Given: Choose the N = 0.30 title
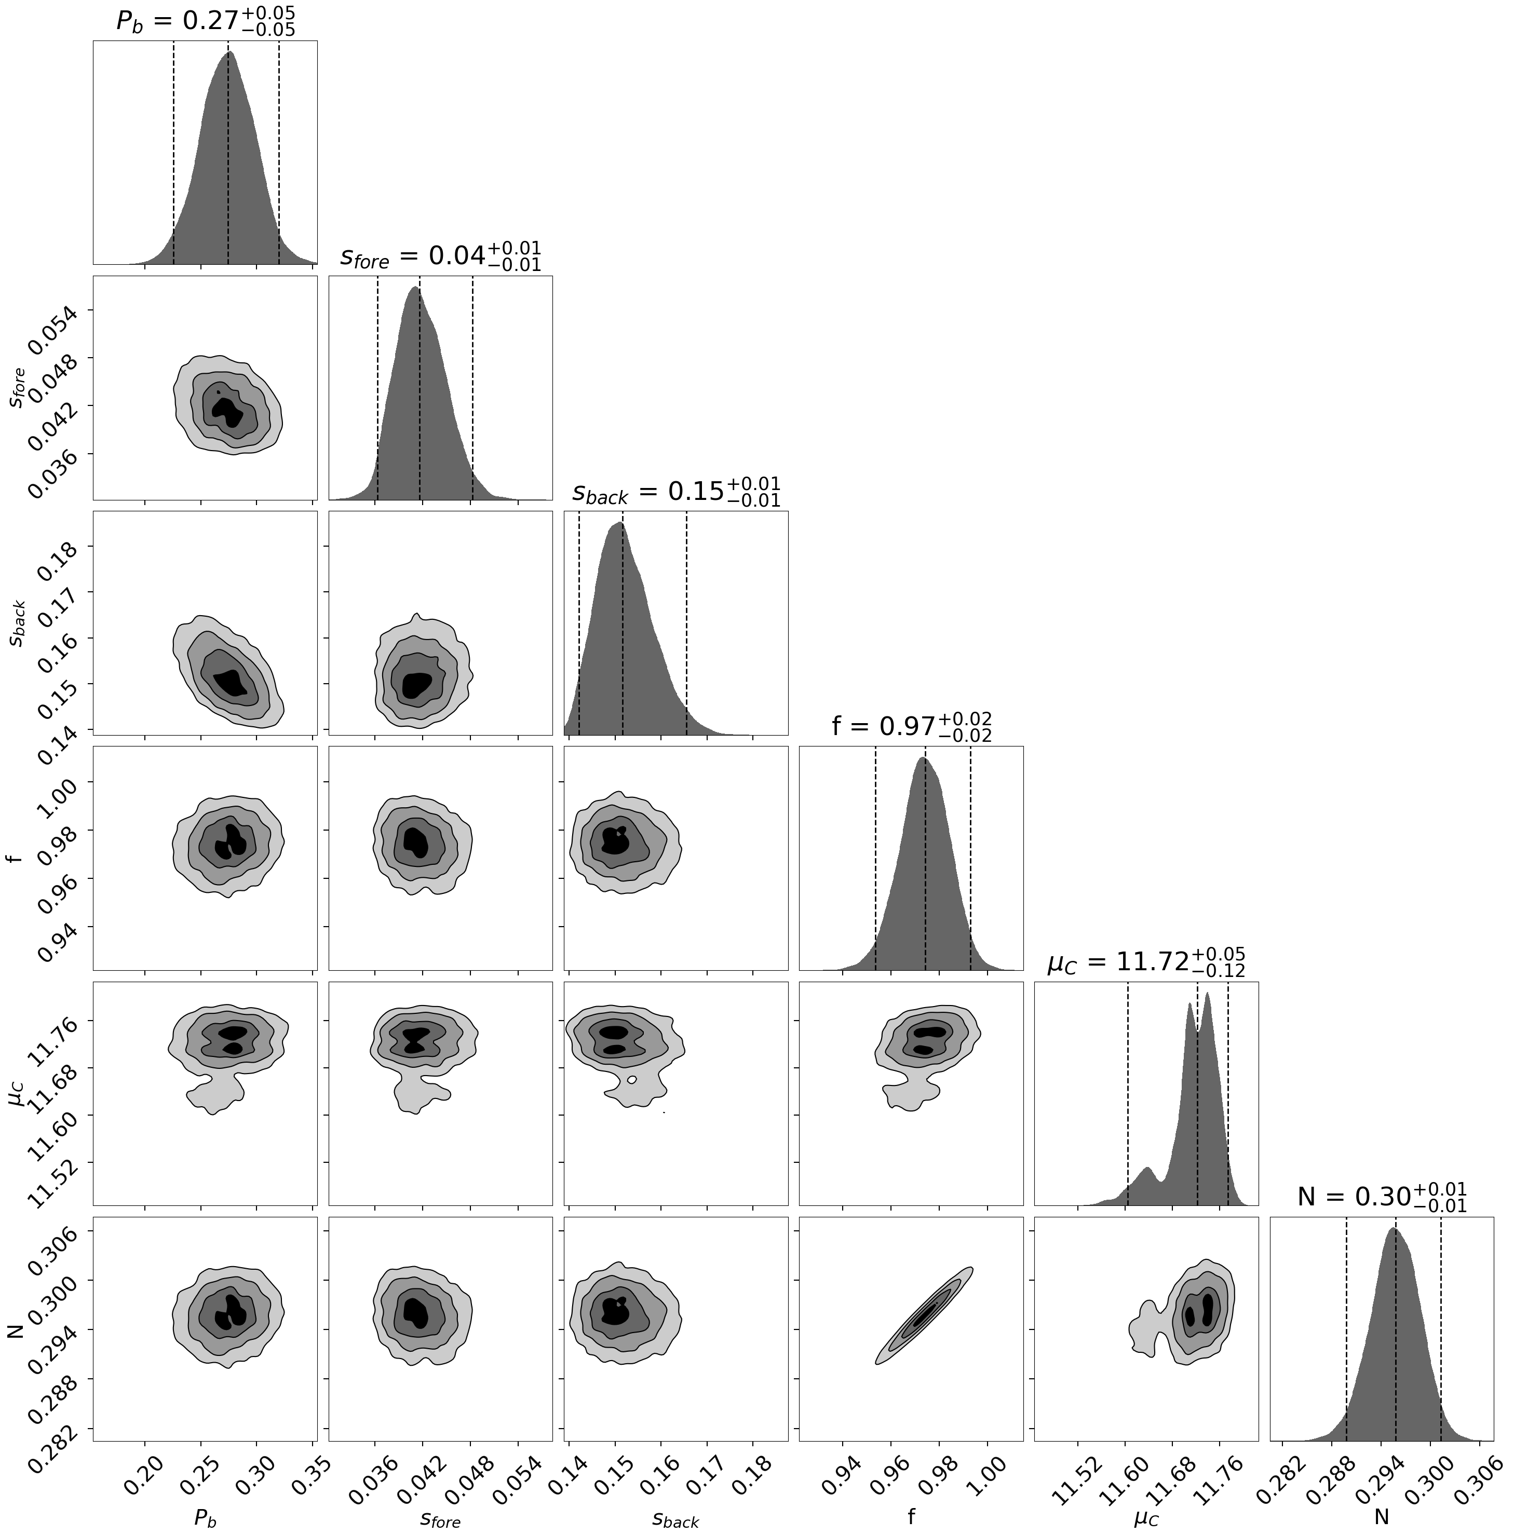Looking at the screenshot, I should pos(1382,1197).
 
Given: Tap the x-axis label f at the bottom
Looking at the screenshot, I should pos(911,1516).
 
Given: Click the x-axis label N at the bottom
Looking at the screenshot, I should pos(1382,1516).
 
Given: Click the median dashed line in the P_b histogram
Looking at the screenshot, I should pos(228,159).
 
